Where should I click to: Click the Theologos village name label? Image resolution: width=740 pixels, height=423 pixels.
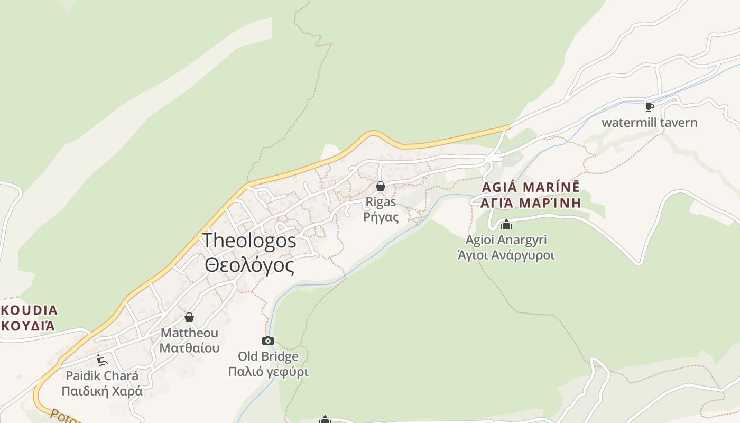pyautogui.click(x=249, y=241)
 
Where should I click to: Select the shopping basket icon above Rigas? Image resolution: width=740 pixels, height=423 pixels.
pyautogui.click(x=380, y=186)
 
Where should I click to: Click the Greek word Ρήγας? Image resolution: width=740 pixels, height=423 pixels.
pyautogui.click(x=381, y=217)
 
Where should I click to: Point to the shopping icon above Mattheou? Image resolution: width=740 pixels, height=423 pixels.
pyautogui.click(x=189, y=317)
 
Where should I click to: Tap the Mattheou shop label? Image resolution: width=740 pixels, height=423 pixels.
pyautogui.click(x=189, y=333)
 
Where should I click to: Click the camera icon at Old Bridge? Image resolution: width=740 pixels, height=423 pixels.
pyautogui.click(x=268, y=341)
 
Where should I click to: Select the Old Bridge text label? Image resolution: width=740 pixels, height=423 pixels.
pyautogui.click(x=268, y=356)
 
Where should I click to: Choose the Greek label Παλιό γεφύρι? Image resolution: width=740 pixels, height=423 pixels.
pyautogui.click(x=268, y=372)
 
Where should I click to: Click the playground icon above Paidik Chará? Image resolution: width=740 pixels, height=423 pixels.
pyautogui.click(x=102, y=360)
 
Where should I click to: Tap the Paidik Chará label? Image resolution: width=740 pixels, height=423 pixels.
pyautogui.click(x=102, y=376)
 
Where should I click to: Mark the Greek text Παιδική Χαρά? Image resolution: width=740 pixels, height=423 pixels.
pyautogui.click(x=102, y=391)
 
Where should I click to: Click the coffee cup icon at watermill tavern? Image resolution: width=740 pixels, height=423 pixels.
pyautogui.click(x=650, y=107)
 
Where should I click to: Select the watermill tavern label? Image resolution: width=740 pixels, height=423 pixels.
pyautogui.click(x=650, y=123)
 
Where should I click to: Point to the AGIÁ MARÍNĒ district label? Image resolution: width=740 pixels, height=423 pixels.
pyautogui.click(x=531, y=187)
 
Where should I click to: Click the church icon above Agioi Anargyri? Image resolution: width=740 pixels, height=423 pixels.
pyautogui.click(x=506, y=224)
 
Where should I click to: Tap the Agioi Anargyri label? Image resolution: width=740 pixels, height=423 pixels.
pyautogui.click(x=506, y=240)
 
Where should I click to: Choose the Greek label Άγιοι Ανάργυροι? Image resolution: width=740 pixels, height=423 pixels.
pyautogui.click(x=506, y=255)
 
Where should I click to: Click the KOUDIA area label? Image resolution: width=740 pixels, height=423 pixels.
pyautogui.click(x=30, y=310)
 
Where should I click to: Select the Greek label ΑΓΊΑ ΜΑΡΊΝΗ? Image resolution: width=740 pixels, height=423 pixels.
pyautogui.click(x=531, y=203)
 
